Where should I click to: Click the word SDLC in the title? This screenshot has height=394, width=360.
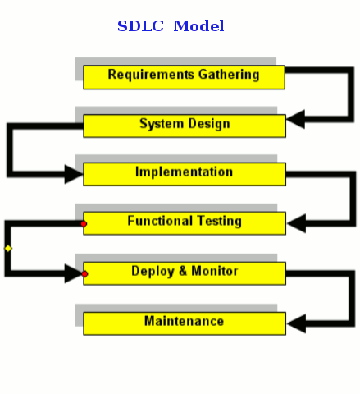point(140,26)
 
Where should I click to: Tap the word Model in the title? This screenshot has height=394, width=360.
point(199,26)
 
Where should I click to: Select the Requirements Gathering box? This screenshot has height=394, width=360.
point(184,77)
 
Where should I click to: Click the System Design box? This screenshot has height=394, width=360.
point(185,126)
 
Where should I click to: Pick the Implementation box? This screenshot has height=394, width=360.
point(185,174)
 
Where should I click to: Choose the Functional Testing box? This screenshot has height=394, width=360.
point(185,223)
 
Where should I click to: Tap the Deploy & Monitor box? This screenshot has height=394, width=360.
point(185,273)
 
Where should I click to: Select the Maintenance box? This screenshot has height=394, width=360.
point(185,323)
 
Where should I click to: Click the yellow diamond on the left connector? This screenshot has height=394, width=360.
point(8,249)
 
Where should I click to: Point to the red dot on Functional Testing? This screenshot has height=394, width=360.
point(84,224)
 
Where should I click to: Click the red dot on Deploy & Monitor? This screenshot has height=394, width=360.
point(84,273)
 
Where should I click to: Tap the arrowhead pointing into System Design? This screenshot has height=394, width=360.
point(296,119)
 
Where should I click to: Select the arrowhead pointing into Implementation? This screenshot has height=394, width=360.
point(74,174)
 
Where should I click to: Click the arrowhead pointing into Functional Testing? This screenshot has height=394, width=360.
point(297,223)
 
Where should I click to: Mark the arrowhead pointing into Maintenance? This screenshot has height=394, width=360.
point(297,323)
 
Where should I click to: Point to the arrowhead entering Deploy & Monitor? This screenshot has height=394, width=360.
point(73,273)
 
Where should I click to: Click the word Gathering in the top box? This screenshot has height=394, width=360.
point(229,75)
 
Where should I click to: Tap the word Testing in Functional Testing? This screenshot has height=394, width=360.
point(219,221)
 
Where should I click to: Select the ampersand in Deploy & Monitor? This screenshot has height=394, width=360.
point(183,271)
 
